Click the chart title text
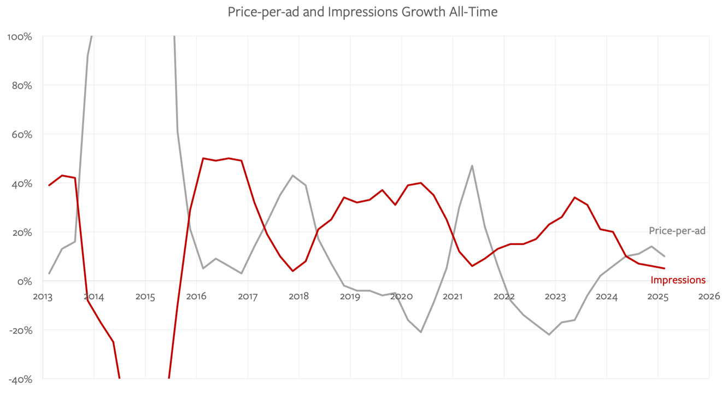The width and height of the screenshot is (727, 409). click(362, 12)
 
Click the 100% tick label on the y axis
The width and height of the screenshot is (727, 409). click(20, 37)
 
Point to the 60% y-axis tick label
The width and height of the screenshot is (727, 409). click(22, 135)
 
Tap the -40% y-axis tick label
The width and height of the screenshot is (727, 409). click(20, 379)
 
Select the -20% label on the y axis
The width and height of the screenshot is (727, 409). click(20, 330)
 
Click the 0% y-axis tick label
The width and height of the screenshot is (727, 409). click(24, 281)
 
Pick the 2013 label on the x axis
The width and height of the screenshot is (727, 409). click(43, 296)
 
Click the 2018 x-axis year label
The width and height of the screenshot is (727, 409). click(298, 296)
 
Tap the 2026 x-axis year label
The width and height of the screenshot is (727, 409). click(709, 296)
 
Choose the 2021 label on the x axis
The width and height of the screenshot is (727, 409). click(453, 296)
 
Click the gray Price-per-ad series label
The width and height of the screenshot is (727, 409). click(677, 231)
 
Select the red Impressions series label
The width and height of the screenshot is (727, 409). click(678, 280)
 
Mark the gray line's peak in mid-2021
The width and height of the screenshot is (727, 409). click(472, 166)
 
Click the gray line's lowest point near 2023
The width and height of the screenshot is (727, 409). click(549, 334)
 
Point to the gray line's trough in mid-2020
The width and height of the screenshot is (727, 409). click(421, 332)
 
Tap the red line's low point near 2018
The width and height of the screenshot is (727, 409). click(293, 271)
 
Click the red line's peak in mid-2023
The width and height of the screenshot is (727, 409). click(574, 197)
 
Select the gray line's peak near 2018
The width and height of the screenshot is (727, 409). click(293, 176)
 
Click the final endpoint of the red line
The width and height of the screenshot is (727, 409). click(664, 268)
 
